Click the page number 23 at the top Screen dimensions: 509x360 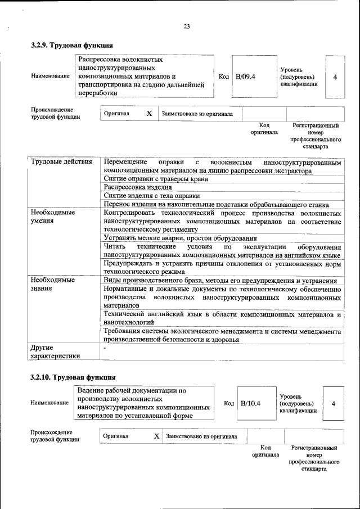(187, 26)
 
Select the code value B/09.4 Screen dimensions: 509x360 (245, 76)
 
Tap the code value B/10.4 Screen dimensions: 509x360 (250, 403)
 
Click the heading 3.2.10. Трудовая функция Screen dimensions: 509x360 (74, 377)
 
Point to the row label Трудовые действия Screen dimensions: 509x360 (62, 163)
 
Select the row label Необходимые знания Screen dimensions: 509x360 (53, 284)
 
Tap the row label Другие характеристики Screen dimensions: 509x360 (55, 352)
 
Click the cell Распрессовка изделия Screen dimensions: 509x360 (138, 187)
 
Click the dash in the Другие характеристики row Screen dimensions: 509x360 (105, 348)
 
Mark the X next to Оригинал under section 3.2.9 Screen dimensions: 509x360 (149, 114)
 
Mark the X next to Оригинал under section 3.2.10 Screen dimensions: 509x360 (156, 436)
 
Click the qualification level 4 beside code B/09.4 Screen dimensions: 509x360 (335, 76)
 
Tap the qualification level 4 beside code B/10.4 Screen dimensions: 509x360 (334, 403)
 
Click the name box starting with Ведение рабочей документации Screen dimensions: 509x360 (144, 403)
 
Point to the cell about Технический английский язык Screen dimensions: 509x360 (222, 318)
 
